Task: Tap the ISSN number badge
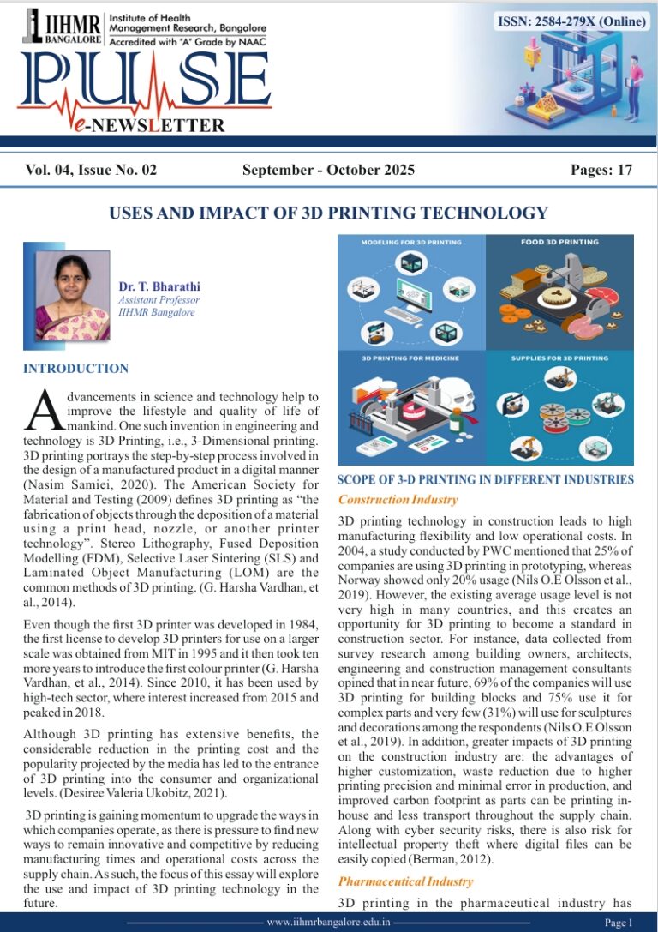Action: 571,21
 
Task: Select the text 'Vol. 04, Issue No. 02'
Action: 91,170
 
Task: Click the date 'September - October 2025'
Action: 328,170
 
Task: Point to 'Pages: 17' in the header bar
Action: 601,170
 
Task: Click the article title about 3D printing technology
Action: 328,213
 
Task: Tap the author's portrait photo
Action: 72,295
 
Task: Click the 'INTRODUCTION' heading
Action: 76,369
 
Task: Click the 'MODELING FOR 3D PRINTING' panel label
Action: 412,243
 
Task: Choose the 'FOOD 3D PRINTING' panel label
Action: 559,243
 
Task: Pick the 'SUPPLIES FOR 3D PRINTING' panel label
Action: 559,357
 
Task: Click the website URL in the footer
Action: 329,922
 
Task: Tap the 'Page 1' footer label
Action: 618,923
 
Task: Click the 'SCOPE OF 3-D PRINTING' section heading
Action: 486,480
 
